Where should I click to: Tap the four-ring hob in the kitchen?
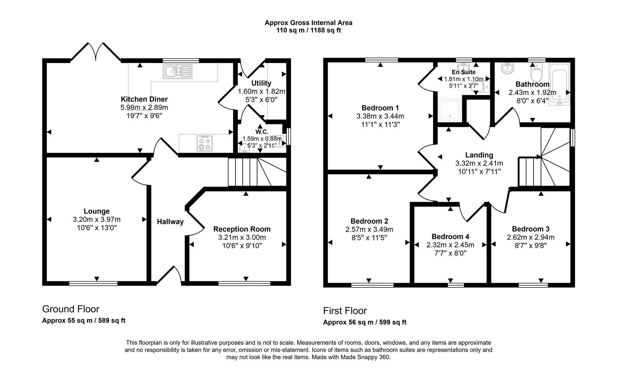(x=205, y=143)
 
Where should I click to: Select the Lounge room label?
(x=97, y=211)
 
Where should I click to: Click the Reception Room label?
(x=242, y=229)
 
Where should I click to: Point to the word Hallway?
(x=170, y=222)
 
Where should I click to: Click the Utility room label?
(x=261, y=83)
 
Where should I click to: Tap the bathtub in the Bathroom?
(x=559, y=84)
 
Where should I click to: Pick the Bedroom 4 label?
(x=450, y=236)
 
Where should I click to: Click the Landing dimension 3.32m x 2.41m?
(x=479, y=163)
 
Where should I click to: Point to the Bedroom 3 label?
(x=530, y=229)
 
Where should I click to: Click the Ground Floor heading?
(x=71, y=309)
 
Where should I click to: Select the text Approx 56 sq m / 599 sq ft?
(x=365, y=322)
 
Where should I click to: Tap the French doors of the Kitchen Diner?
(x=96, y=52)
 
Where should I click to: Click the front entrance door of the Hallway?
(x=169, y=276)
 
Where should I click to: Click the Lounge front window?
(x=93, y=283)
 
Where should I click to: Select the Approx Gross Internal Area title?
(x=308, y=23)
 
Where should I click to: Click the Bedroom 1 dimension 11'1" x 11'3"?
(x=380, y=124)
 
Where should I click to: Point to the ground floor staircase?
(x=257, y=172)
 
